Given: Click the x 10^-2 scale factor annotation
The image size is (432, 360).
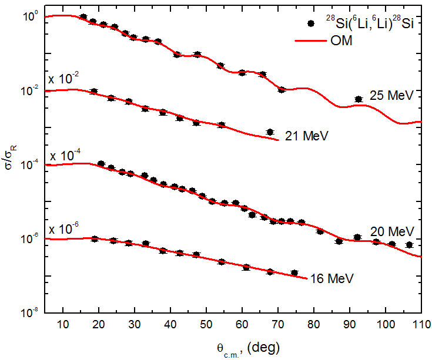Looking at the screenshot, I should [x=63, y=79].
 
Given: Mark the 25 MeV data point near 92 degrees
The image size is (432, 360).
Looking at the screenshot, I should [x=359, y=100].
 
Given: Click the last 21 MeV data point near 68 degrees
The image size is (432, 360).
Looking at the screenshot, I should [x=270, y=132].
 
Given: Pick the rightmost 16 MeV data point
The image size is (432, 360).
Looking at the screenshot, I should [x=294, y=272].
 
